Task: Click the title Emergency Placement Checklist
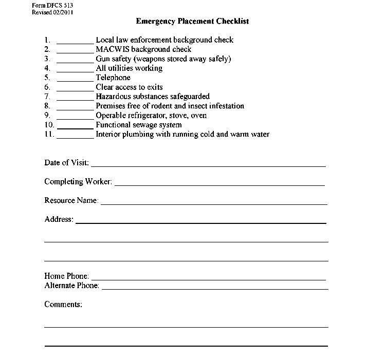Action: (x=192, y=22)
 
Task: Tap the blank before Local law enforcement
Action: (x=75, y=41)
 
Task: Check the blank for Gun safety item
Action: (x=75, y=60)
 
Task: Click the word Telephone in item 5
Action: (x=113, y=78)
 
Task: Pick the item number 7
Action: (x=47, y=97)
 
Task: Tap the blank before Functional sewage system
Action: (x=75, y=126)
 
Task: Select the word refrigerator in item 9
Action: (x=148, y=116)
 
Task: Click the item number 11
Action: (x=48, y=135)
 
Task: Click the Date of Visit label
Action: (x=66, y=163)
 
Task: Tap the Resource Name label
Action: (x=71, y=200)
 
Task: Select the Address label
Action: (x=59, y=219)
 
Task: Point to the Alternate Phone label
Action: (x=71, y=286)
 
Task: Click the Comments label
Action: (x=63, y=305)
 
